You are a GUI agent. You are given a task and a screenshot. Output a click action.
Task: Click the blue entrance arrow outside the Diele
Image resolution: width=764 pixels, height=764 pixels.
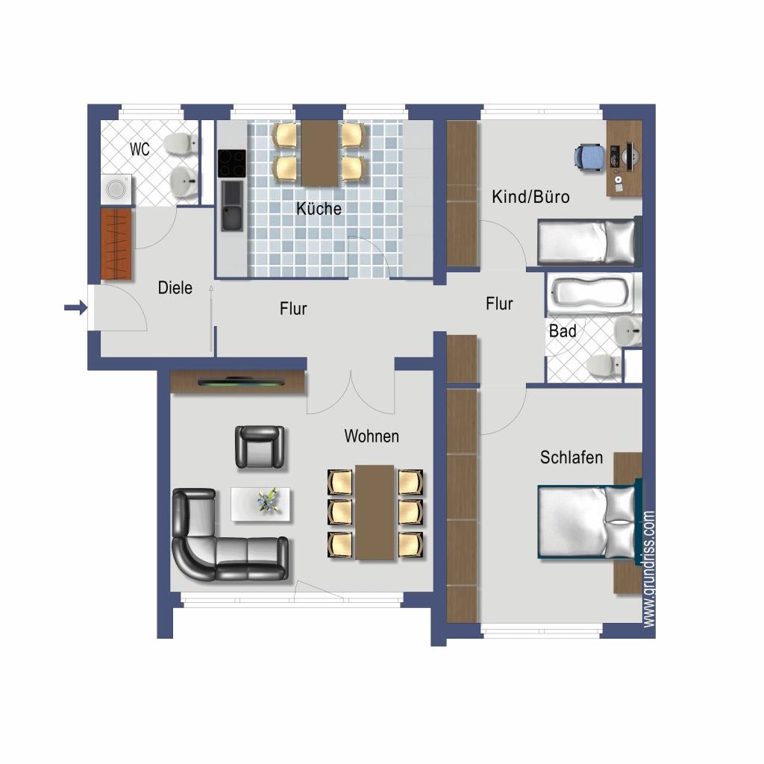point(76,307)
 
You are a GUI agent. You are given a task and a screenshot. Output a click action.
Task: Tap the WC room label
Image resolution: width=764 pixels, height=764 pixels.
point(140,149)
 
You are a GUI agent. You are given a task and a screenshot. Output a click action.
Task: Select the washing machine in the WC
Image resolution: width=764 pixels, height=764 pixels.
point(116,190)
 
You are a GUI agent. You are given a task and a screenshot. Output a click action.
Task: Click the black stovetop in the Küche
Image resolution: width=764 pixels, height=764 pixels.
point(231,163)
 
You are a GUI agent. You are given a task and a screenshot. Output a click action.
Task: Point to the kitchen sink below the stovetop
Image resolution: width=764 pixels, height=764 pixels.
point(233,206)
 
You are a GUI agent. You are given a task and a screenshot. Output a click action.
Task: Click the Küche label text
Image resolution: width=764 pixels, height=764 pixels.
point(319,209)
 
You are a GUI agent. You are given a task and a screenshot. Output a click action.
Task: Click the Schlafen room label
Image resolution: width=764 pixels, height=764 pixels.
point(572,457)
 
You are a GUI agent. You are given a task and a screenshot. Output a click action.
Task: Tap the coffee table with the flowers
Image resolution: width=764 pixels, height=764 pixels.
point(260,504)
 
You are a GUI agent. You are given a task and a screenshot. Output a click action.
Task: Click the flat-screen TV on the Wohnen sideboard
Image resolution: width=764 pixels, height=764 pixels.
point(242,383)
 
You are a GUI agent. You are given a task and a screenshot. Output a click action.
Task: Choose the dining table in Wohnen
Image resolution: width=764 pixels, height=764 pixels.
point(375,513)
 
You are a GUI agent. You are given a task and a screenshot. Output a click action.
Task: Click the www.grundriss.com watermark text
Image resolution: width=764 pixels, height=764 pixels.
point(648,569)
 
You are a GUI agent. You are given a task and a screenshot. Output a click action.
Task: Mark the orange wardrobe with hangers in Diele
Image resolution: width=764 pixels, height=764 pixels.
point(116,244)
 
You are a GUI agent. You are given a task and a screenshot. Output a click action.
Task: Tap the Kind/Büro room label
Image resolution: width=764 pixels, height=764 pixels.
point(530,197)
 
